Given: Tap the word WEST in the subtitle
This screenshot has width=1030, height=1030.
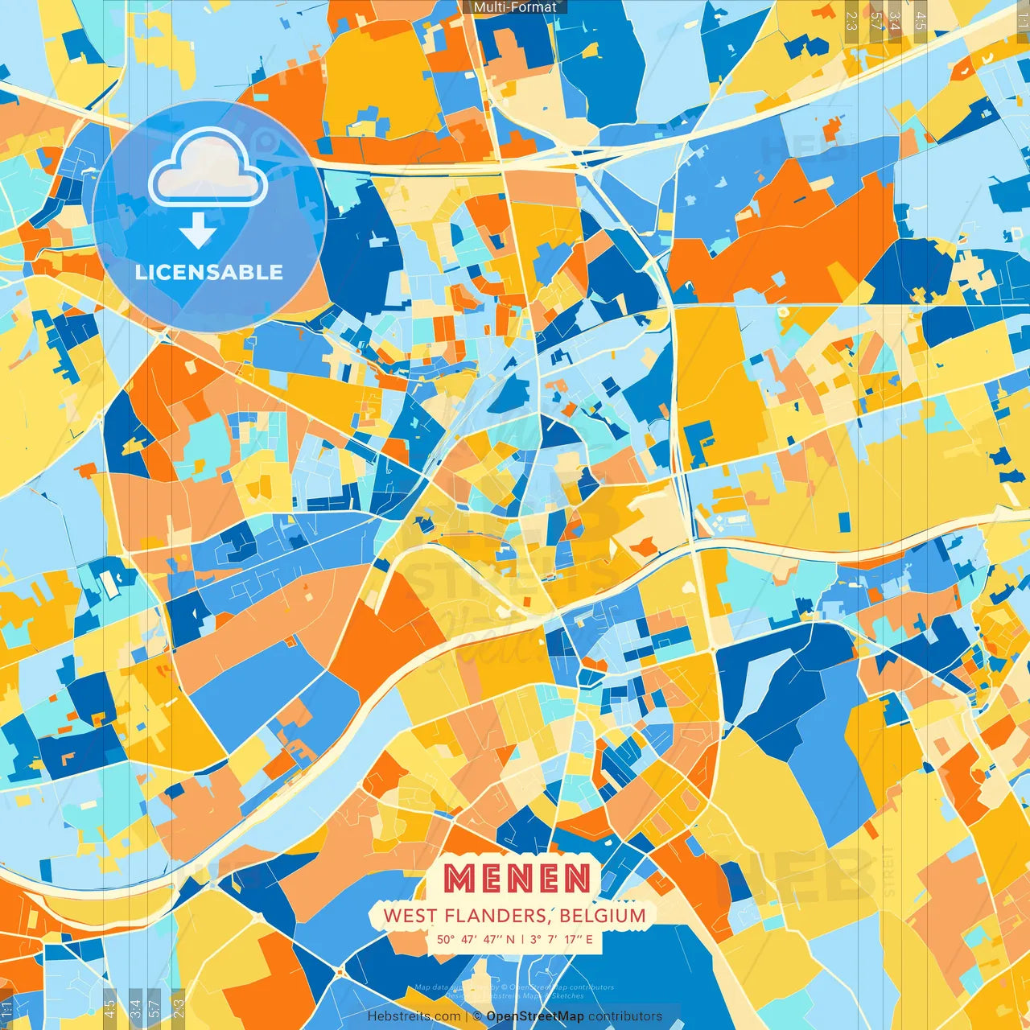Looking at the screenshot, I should (410, 916).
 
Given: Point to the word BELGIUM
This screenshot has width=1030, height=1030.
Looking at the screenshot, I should (603, 916).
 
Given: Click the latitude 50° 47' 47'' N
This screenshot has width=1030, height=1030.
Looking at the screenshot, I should (476, 939).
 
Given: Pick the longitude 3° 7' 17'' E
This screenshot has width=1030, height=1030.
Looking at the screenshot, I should (561, 939).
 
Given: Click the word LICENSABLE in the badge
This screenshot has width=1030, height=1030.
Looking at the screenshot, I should (208, 272).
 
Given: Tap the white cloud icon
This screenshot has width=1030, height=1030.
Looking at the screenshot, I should (208, 168).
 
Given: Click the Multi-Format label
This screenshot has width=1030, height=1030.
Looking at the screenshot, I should (515, 7).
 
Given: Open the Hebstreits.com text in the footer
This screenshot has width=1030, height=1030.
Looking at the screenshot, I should (414, 1016).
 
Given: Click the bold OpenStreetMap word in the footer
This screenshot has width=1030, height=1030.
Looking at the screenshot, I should (535, 1016).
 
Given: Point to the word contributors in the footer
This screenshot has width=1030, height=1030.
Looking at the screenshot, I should (625, 1016).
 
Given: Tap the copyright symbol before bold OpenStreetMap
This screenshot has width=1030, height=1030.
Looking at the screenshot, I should (478, 1016).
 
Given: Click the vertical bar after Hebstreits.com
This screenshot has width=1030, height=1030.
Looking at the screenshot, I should (467, 1016).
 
